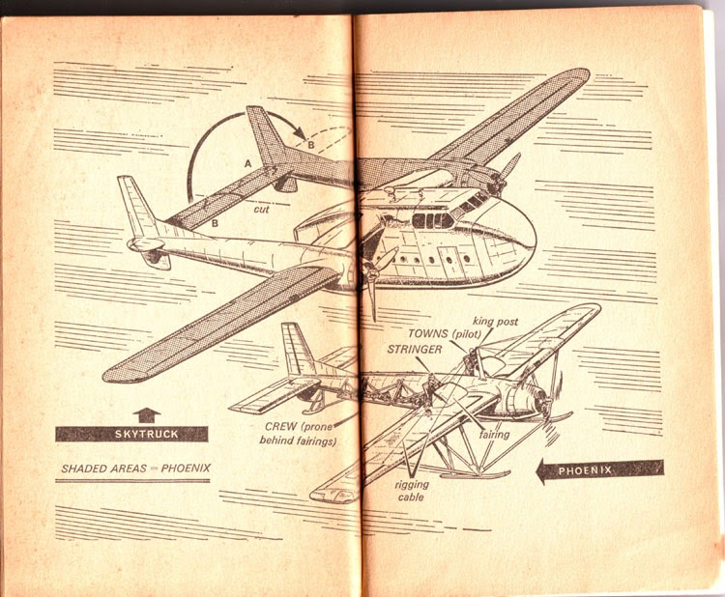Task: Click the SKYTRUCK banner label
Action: point(146,435)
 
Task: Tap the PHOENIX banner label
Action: point(585,470)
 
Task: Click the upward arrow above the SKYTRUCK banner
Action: point(147,415)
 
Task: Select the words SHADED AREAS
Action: point(104,469)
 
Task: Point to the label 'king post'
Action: point(495,322)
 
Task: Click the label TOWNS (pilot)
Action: point(445,333)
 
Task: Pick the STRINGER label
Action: point(415,350)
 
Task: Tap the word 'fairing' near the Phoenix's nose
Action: point(494,435)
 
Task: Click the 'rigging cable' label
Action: point(412,491)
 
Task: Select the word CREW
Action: point(281,426)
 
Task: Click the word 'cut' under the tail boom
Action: point(261,210)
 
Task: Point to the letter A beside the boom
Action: point(248,163)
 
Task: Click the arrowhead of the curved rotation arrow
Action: point(301,133)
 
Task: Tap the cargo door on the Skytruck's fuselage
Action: point(449,259)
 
